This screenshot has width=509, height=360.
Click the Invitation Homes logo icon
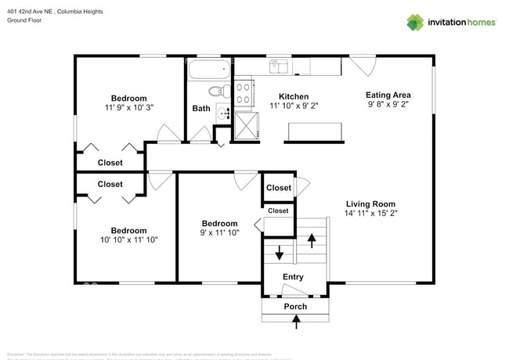(x=415, y=22)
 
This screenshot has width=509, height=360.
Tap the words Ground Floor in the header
(x=23, y=20)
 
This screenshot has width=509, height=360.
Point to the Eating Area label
(x=388, y=95)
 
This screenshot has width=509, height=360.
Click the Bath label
(x=201, y=108)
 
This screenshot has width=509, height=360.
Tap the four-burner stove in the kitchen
(x=244, y=93)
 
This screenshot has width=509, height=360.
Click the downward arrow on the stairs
(x=280, y=254)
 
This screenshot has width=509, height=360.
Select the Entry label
(x=293, y=277)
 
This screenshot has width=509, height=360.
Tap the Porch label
(x=295, y=306)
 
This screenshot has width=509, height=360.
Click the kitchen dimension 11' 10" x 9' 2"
(x=294, y=105)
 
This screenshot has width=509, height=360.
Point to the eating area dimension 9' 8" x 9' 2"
(x=388, y=104)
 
